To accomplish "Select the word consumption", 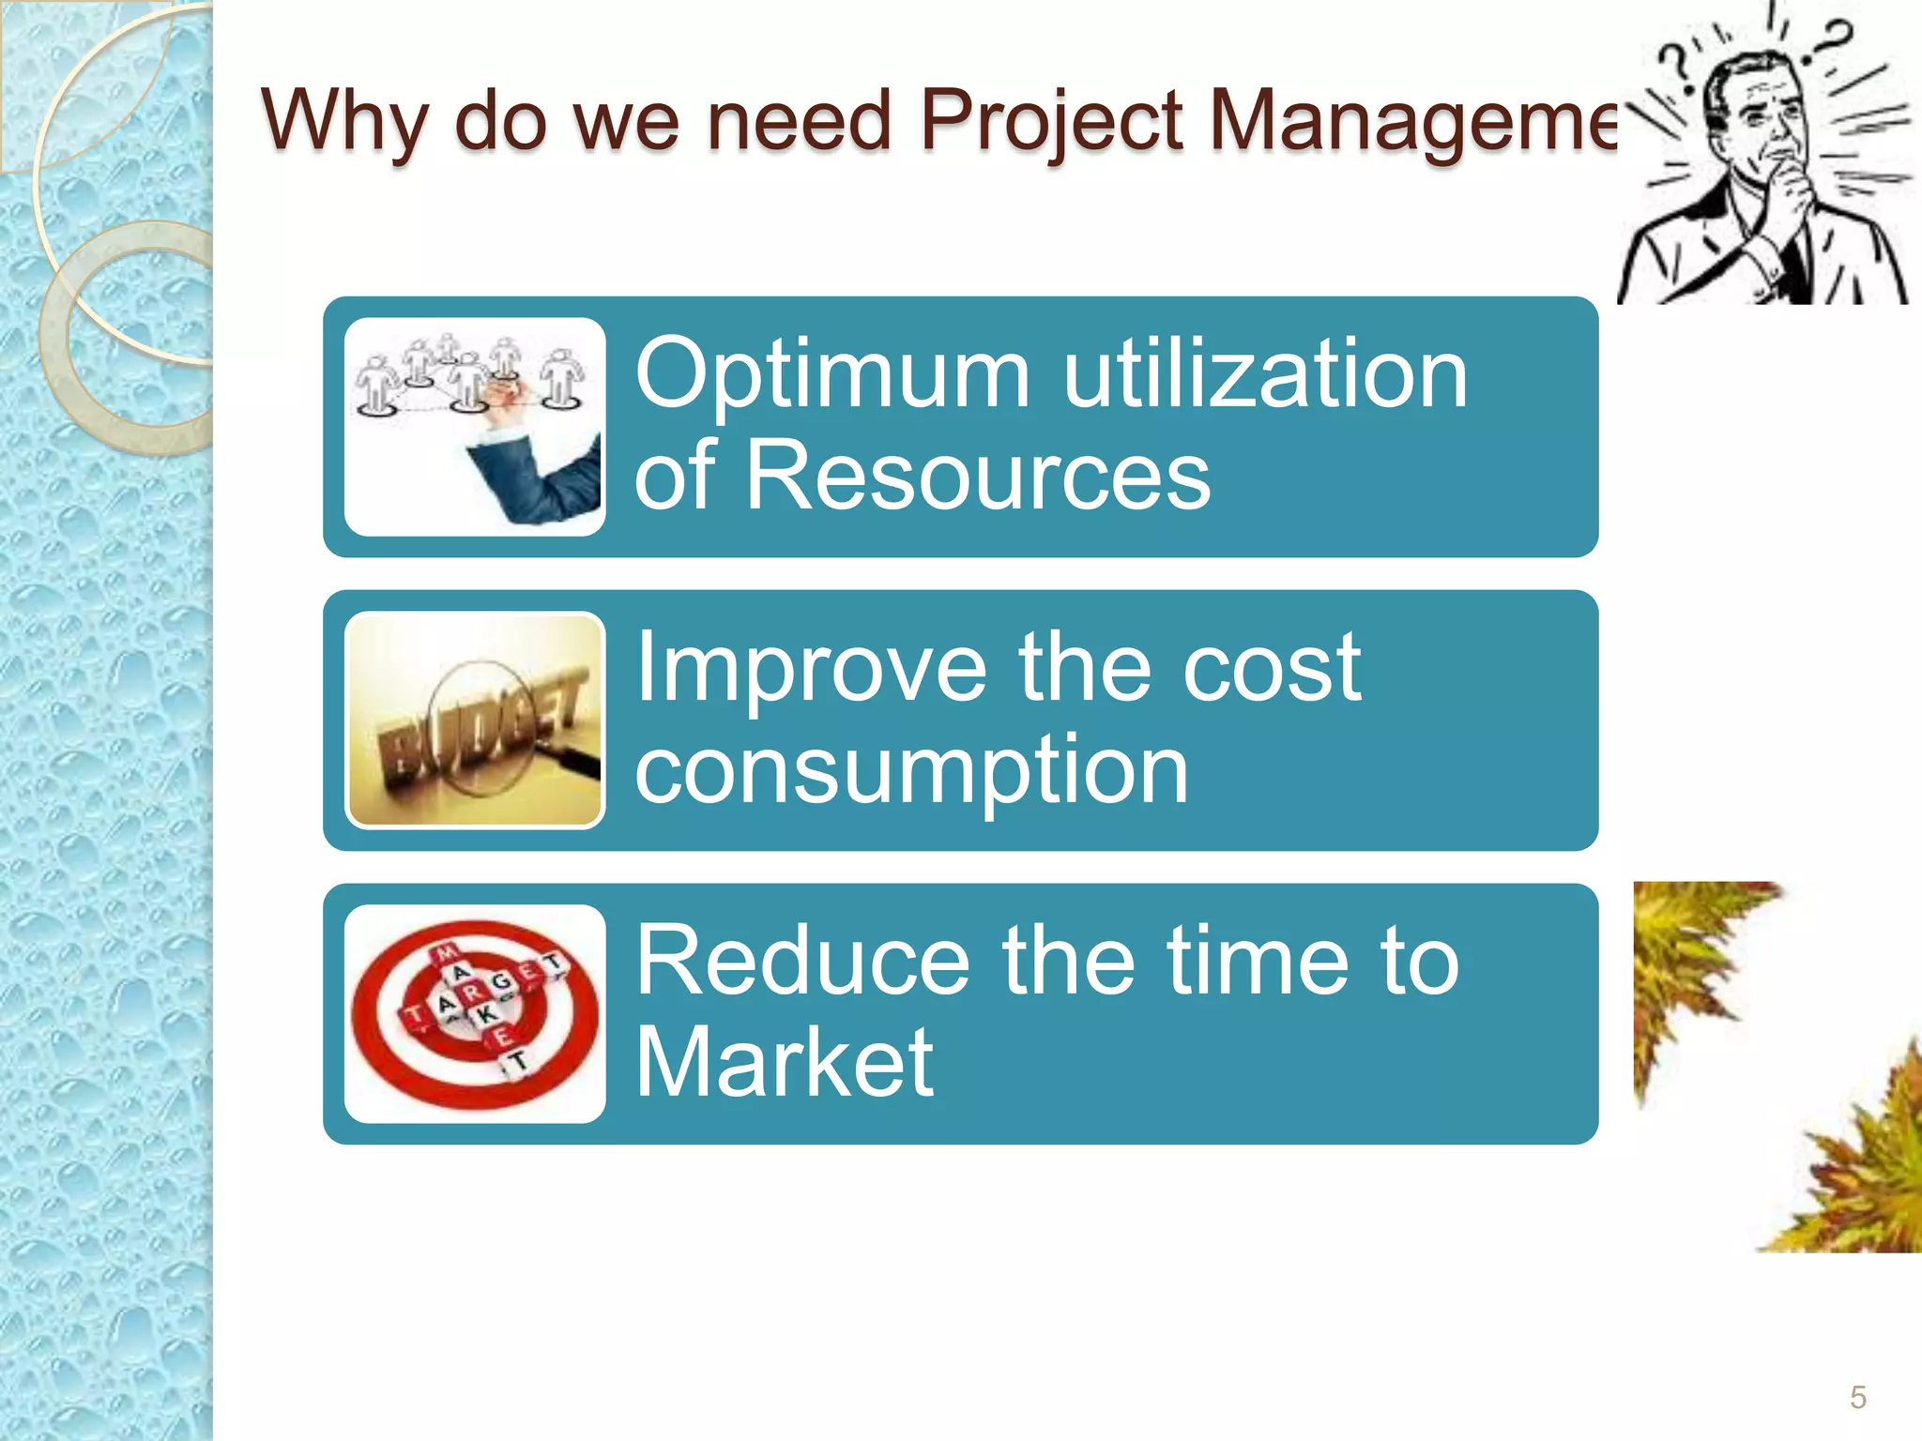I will tap(911, 771).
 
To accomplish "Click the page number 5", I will tap(1857, 1397).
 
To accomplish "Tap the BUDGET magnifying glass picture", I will tap(475, 720).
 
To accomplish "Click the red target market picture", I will tap(475, 1013).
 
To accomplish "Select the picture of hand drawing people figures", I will tap(475, 427).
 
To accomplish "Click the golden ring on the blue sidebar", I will tap(127, 338).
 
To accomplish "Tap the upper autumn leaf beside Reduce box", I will tap(1689, 966).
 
